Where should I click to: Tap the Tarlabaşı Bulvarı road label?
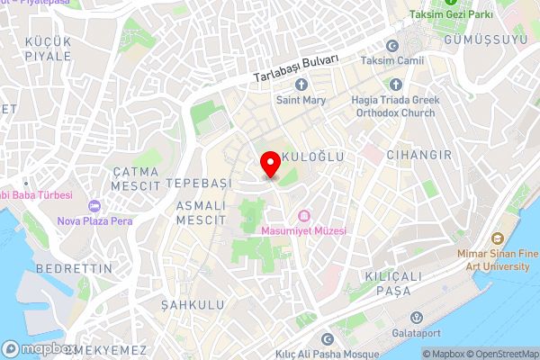pyautogui.click(x=294, y=67)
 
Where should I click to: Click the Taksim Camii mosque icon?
pyautogui.click(x=391, y=46)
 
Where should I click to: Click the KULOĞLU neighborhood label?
pyautogui.click(x=314, y=157)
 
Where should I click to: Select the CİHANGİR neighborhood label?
pyautogui.click(x=418, y=156)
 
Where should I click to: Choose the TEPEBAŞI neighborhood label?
pyautogui.click(x=198, y=182)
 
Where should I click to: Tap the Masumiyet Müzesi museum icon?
pyautogui.click(x=303, y=215)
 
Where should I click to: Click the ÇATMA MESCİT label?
pyautogui.click(x=135, y=177)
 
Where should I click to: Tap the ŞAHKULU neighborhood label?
pyautogui.click(x=192, y=306)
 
